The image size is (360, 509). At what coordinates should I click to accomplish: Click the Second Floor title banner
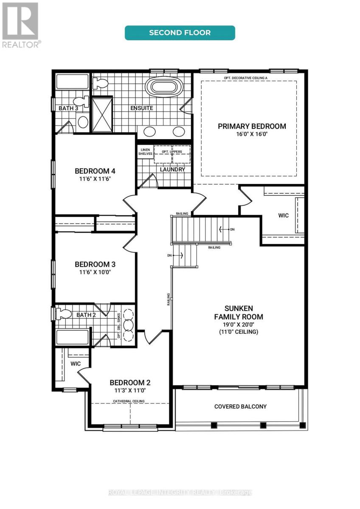click(180, 33)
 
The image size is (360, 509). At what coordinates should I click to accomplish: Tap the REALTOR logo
click(20, 25)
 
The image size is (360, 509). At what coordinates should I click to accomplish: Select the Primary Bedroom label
click(252, 126)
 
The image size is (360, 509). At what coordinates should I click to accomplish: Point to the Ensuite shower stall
click(102, 115)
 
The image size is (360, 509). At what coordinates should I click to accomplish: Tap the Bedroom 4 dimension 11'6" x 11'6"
click(95, 179)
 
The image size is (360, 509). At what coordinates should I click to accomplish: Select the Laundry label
click(172, 169)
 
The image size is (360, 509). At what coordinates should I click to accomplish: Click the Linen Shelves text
click(145, 151)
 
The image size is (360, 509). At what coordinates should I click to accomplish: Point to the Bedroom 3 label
click(95, 264)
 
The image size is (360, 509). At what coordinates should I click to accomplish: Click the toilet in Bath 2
click(63, 313)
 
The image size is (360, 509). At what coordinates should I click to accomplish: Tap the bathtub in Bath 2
click(73, 337)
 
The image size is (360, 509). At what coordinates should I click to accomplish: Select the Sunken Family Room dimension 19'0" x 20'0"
click(238, 324)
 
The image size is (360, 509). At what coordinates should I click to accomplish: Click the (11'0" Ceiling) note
click(238, 332)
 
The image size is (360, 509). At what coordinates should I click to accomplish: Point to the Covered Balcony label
click(240, 406)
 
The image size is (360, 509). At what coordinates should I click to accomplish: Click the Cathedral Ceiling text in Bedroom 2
click(129, 401)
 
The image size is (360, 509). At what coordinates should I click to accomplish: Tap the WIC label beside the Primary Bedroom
click(283, 215)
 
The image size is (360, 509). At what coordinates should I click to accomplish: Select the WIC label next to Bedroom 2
click(76, 364)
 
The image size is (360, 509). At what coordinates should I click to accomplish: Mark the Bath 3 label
click(68, 109)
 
